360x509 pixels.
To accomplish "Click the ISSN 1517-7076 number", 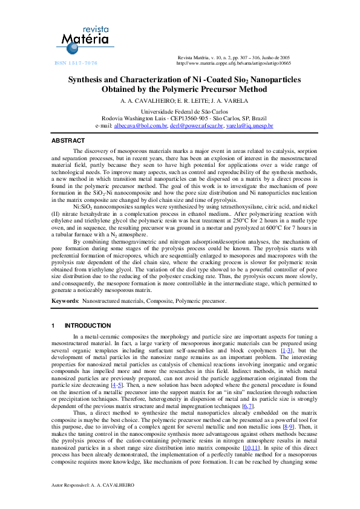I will pyautogui.click(x=76, y=63).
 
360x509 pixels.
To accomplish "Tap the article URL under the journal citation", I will pyautogui.click(x=233, y=63).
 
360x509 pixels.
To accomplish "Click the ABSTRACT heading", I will pyautogui.click(x=68, y=140).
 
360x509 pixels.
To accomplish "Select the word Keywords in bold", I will pyautogui.click(x=65, y=300).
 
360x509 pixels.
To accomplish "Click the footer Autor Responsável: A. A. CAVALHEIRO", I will pyautogui.click(x=93, y=485).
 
